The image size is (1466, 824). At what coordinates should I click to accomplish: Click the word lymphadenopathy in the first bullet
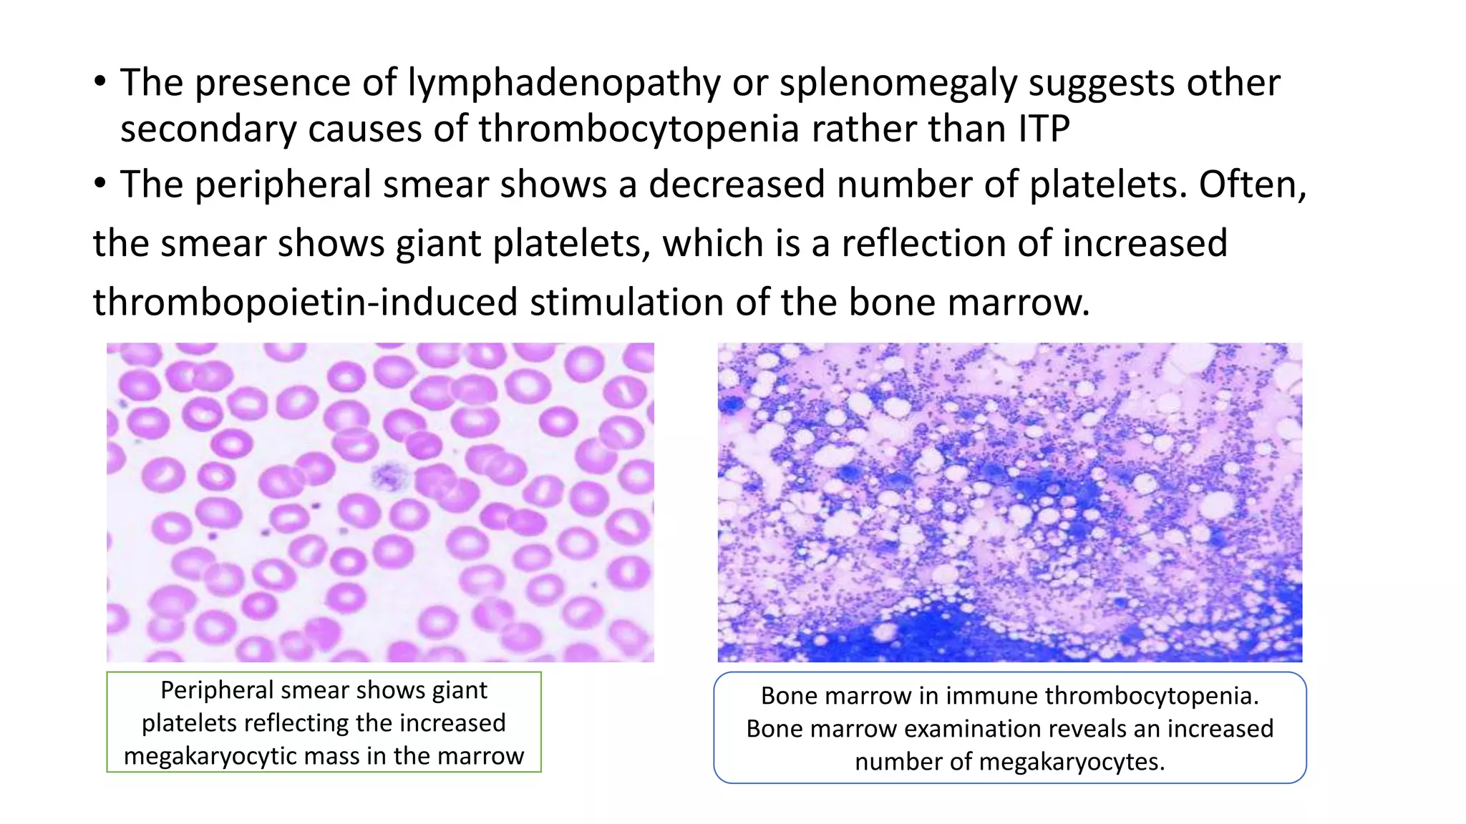pos(563,84)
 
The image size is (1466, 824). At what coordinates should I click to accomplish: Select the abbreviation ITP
pos(1043,129)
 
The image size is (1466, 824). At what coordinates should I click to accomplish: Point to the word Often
pos(1253,185)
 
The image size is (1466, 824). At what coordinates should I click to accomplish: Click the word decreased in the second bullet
pos(737,185)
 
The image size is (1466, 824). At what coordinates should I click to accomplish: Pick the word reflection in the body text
pos(923,243)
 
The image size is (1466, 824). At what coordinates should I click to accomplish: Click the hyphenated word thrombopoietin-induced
pos(305,302)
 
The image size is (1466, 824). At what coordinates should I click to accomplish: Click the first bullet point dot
pos(100,82)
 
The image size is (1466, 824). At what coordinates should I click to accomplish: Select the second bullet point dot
pos(100,184)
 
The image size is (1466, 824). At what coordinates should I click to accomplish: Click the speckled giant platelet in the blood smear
pos(389,476)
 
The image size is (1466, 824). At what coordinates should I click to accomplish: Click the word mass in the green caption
pos(361,756)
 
